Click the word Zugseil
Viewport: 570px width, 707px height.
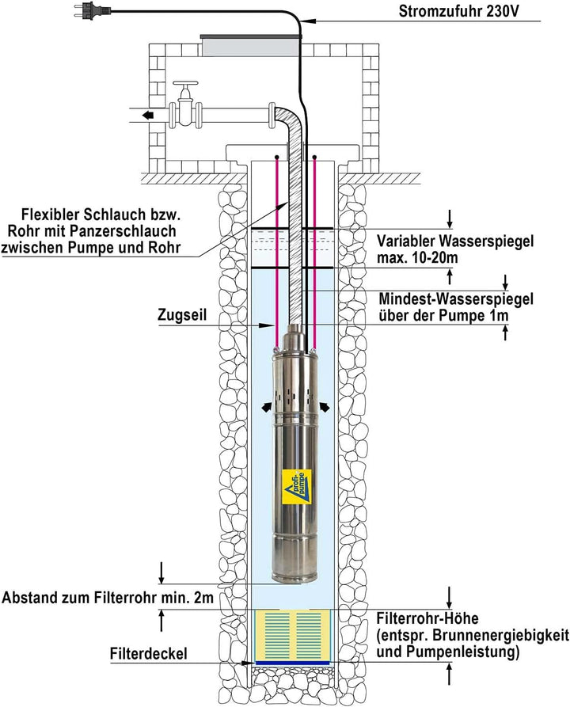pos(183,314)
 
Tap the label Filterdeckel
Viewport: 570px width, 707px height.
pos(150,655)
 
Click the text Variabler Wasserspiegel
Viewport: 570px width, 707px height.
pos(456,241)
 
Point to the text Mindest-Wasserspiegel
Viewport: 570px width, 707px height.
pos(455,298)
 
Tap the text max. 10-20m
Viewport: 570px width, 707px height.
pos(420,258)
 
